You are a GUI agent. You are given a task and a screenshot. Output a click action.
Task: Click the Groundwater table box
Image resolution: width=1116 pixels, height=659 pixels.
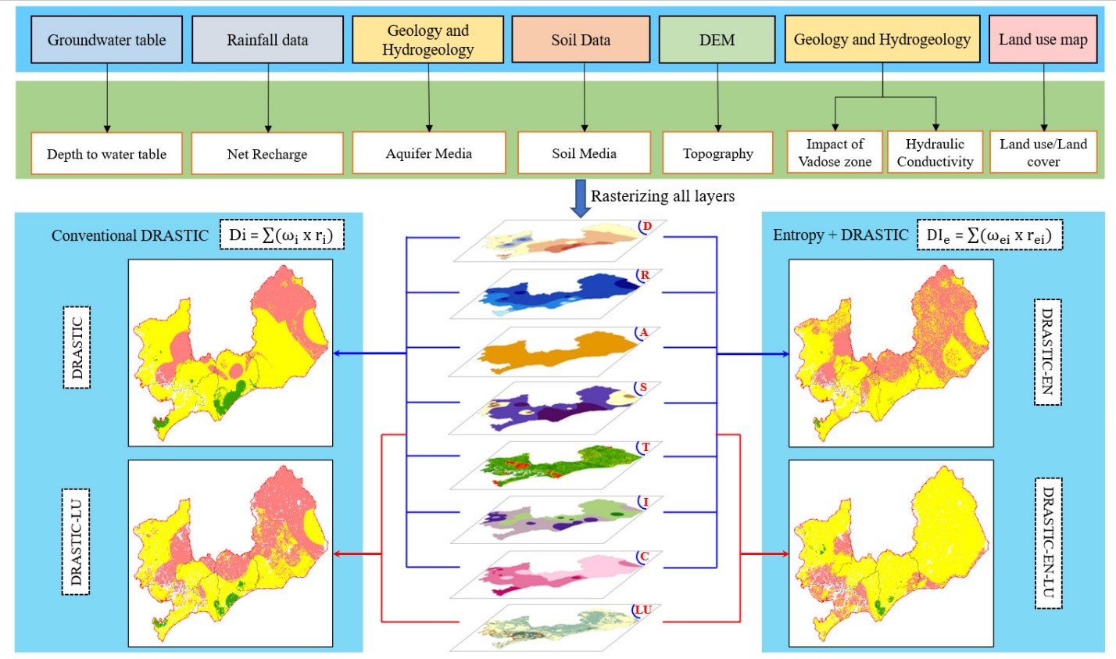pos(107,40)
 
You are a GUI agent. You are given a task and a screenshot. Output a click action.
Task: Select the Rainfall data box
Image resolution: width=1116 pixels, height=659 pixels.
pos(267,40)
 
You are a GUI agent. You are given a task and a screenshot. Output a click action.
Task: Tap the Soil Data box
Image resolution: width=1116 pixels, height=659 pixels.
pos(581,40)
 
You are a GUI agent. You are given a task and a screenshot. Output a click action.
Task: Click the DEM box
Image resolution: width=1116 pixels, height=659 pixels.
pos(717,40)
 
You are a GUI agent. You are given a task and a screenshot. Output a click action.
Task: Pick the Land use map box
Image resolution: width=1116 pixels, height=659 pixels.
pos(1043,40)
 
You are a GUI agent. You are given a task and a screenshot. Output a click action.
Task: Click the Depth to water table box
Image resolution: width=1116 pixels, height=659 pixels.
pos(106,154)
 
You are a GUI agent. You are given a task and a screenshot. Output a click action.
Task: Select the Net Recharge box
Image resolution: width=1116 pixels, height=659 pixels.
pos(267,154)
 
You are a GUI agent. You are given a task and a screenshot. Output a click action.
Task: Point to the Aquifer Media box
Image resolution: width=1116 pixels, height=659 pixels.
pos(428,153)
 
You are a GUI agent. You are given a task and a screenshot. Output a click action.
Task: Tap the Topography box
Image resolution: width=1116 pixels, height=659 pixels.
pos(717,153)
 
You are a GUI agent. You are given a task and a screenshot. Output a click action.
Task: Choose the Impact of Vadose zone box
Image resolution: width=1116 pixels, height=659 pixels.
pos(835,152)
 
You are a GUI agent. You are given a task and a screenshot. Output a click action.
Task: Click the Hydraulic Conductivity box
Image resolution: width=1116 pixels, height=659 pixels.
pos(935,152)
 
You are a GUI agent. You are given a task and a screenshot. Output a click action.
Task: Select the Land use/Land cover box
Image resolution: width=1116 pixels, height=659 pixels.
pos(1043,152)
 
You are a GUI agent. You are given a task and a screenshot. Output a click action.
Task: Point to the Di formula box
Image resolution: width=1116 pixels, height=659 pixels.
pos(282,235)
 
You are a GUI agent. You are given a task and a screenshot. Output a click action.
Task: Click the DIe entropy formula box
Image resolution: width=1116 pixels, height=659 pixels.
pos(990,235)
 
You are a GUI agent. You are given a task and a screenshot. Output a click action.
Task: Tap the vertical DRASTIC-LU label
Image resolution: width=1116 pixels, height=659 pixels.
pos(76,542)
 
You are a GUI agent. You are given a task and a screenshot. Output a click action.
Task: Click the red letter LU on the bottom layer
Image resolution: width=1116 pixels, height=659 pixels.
pos(645,610)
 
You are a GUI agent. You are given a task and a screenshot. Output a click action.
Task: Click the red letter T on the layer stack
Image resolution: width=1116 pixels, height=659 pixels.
pos(645,447)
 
